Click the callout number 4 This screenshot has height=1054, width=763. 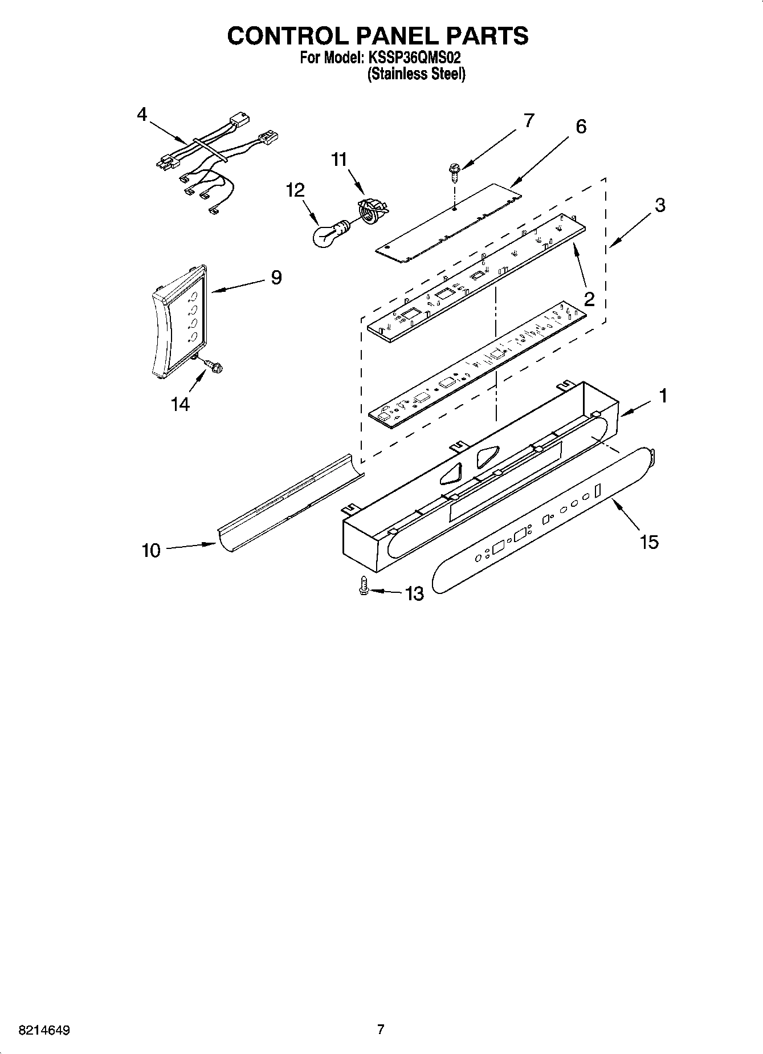[x=141, y=114]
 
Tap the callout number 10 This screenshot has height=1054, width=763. [x=151, y=551]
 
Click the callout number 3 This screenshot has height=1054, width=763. [x=659, y=205]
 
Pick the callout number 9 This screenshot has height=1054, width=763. [x=276, y=278]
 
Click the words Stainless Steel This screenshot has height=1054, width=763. [x=417, y=74]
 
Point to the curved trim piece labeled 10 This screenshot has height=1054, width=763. [x=291, y=502]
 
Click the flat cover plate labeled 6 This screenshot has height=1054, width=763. [x=450, y=222]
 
